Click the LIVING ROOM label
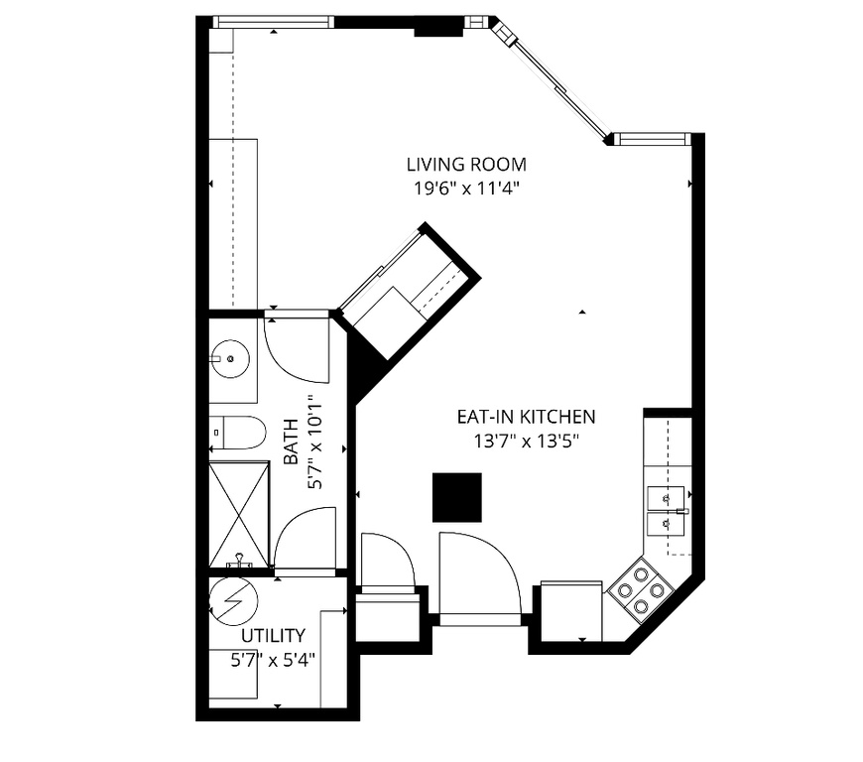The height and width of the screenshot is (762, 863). [x=466, y=165]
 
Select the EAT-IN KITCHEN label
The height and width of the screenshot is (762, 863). [x=526, y=417]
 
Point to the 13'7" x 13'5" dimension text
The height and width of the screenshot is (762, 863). [x=526, y=441]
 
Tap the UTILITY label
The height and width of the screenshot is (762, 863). [x=274, y=636]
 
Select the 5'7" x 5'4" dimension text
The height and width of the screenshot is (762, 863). [x=274, y=657]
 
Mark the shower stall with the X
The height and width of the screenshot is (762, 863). [x=239, y=513]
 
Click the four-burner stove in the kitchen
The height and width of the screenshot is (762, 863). [x=639, y=590]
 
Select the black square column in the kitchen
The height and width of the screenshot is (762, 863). [x=457, y=497]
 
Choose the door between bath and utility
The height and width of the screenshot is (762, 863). [x=305, y=540]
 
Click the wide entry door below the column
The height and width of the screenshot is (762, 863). [x=478, y=575]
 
